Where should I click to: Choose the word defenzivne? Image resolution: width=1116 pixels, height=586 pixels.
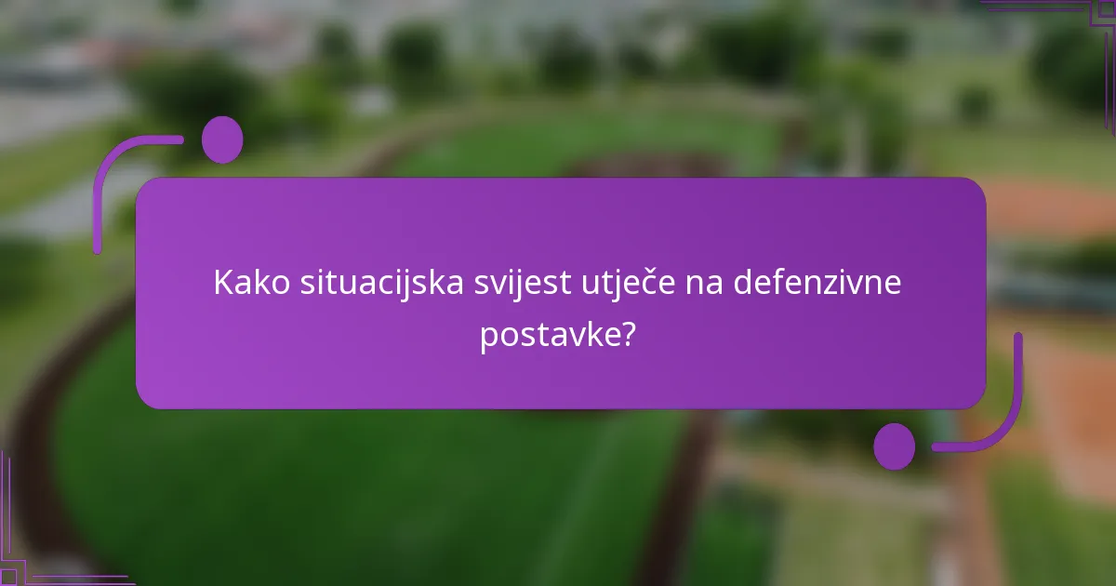click(x=817, y=283)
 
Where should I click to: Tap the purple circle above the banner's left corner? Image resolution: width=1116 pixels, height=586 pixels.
click(x=222, y=140)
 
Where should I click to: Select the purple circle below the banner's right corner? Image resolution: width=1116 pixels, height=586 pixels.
click(x=895, y=446)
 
